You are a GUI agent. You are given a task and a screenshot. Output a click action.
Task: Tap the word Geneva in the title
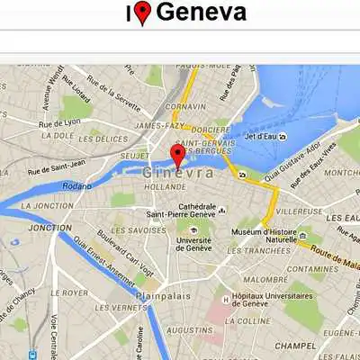202,13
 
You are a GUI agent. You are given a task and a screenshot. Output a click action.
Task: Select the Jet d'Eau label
259,137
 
